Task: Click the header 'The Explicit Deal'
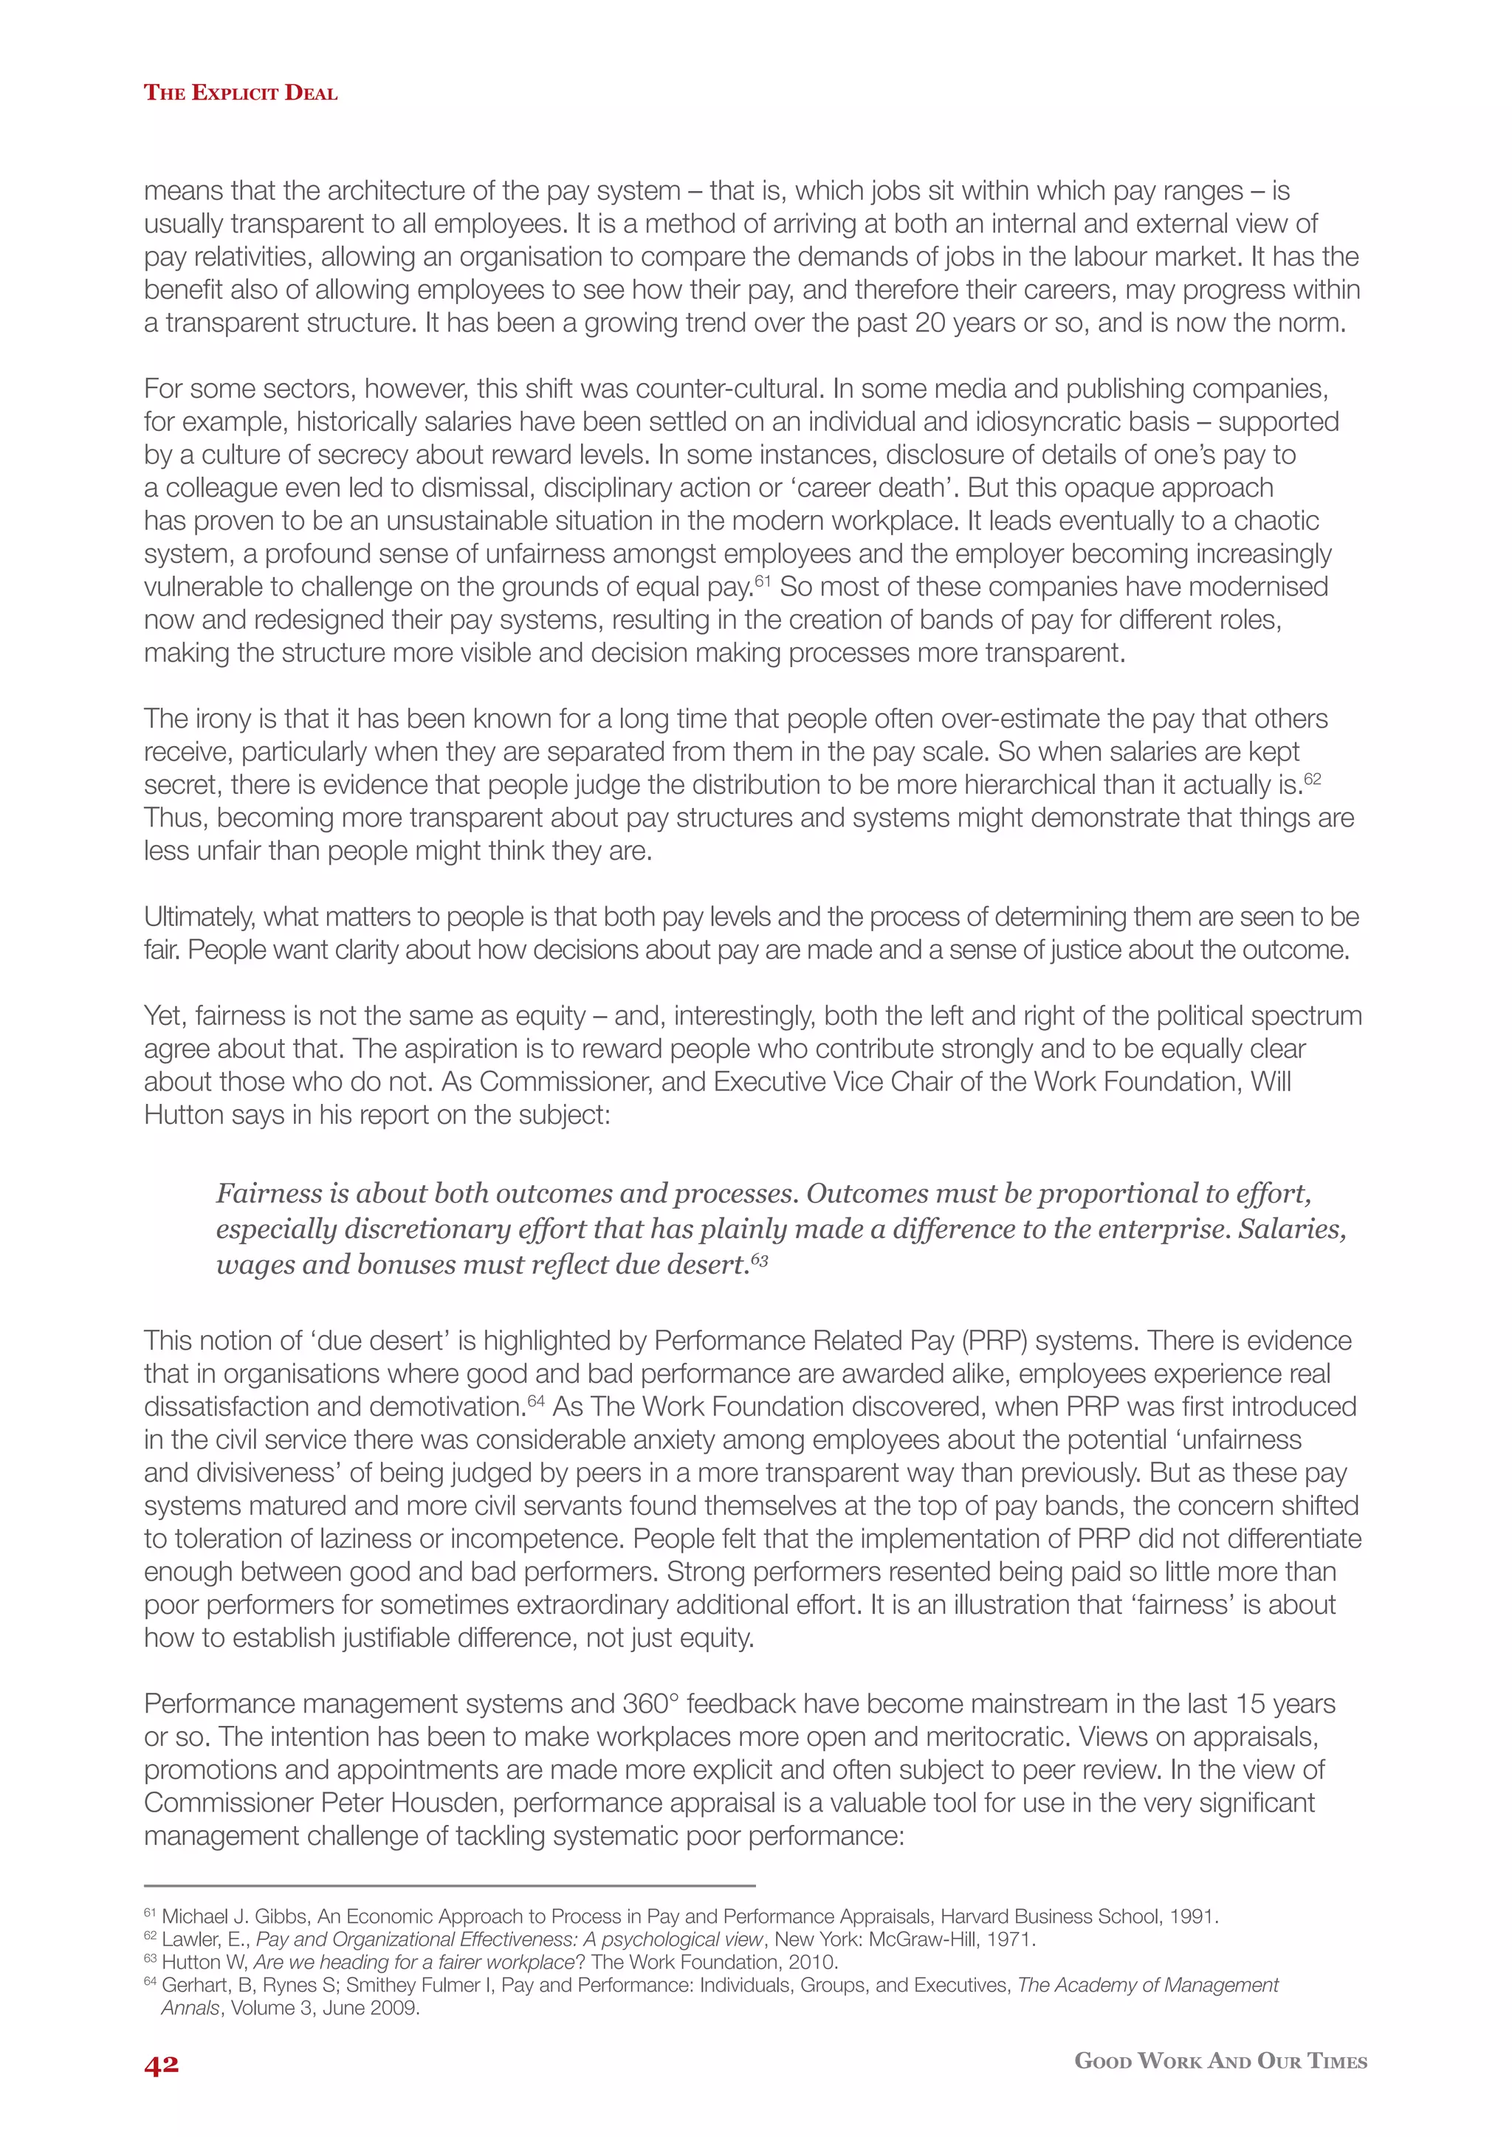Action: (240, 93)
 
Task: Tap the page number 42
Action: (161, 2065)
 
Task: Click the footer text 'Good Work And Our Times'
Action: (1220, 2061)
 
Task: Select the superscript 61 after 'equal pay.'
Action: (763, 581)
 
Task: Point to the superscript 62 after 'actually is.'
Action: (1312, 779)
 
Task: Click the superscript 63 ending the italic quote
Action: (760, 1260)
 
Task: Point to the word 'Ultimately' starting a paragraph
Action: (196, 916)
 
